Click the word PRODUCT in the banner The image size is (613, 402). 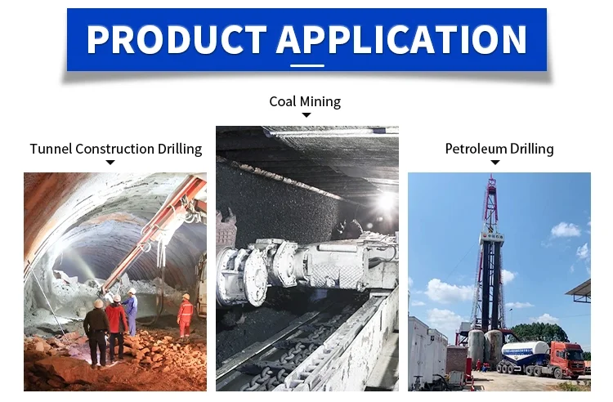(x=177, y=39)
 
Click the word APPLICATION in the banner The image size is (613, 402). (x=402, y=39)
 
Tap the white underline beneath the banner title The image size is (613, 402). (x=306, y=65)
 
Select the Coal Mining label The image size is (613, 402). (x=305, y=101)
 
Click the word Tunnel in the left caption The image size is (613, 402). (x=51, y=149)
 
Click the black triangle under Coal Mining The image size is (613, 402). (x=306, y=115)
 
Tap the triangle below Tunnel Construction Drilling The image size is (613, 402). (x=110, y=162)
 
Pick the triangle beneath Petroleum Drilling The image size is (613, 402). (x=495, y=162)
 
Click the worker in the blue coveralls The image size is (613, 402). (x=132, y=311)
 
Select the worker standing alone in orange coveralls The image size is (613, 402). (x=185, y=315)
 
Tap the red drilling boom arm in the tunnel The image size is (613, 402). (x=153, y=234)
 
